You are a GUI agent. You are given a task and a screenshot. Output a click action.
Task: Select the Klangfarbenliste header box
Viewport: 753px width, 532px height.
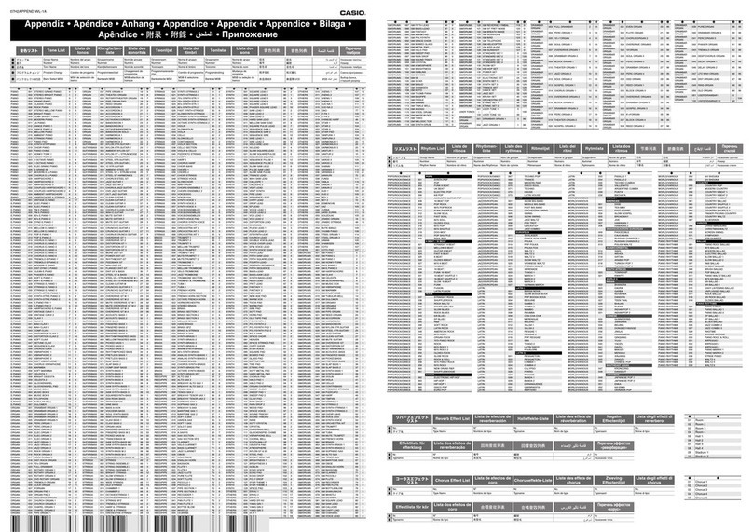110,48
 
